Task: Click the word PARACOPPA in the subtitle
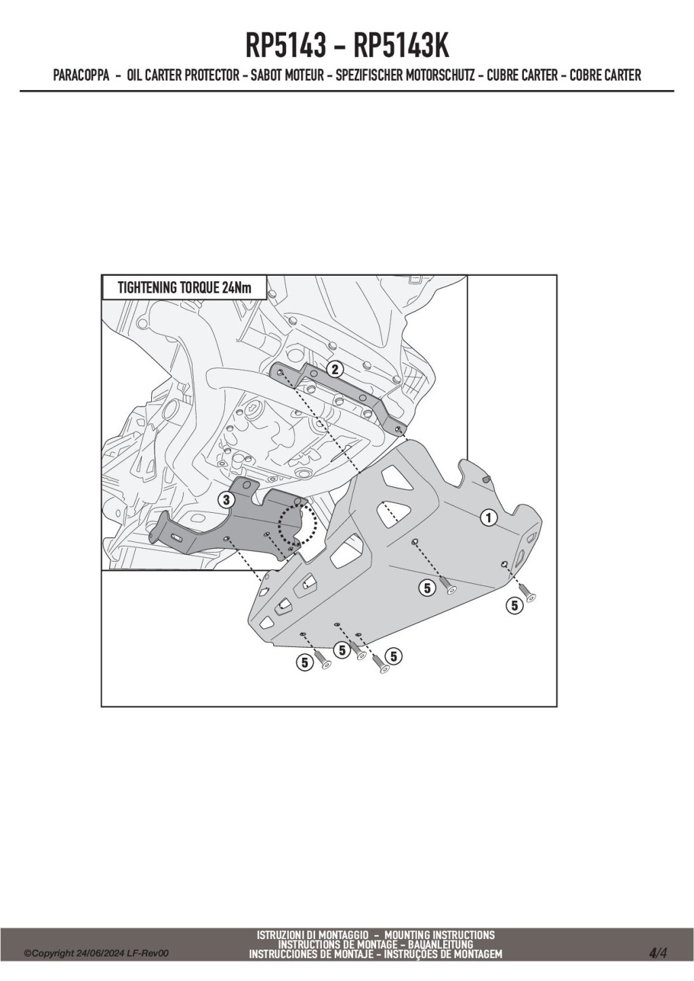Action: (81, 75)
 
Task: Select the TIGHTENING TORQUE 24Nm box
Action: (184, 288)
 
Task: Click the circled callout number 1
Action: (489, 518)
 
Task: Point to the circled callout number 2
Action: (334, 370)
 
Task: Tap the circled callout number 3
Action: (226, 500)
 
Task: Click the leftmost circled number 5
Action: (304, 663)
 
